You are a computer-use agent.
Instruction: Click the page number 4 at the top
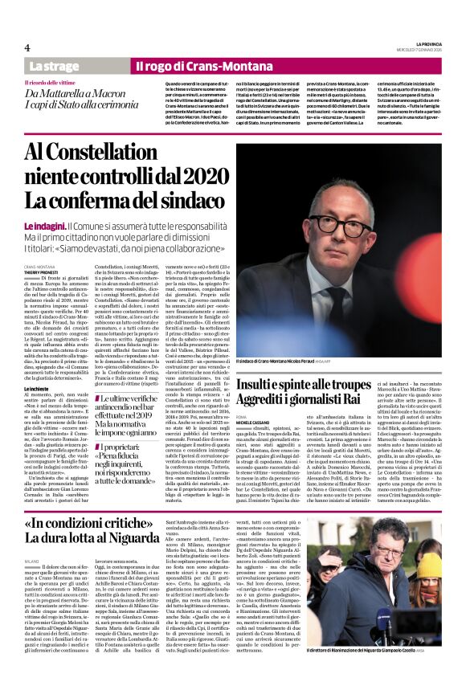27,48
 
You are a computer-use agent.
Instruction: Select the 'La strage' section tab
54,65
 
